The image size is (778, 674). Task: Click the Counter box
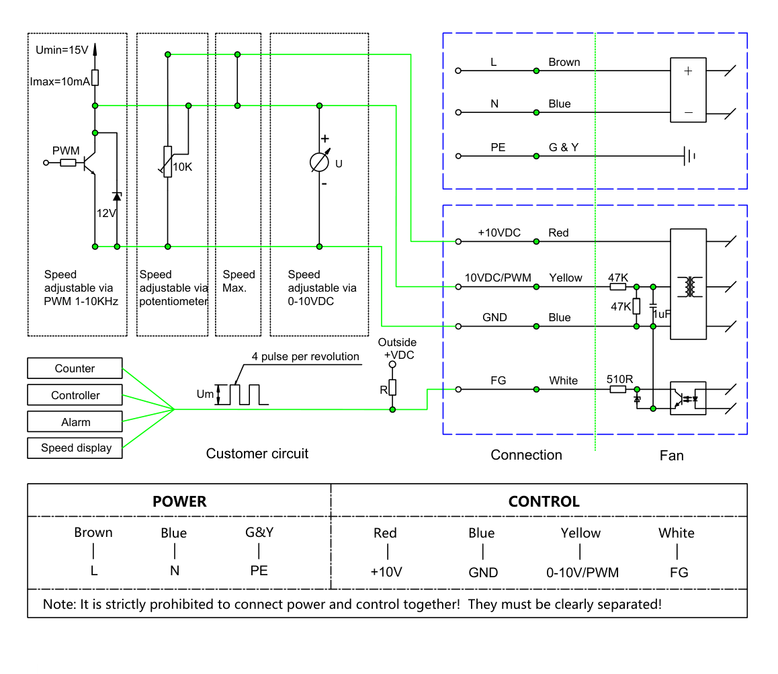pos(75,368)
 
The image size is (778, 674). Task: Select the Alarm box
pos(75,422)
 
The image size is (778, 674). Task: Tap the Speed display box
pos(75,448)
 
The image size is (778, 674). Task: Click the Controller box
pos(75,395)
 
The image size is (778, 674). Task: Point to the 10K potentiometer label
pos(183,167)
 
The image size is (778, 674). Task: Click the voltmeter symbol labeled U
pos(319,162)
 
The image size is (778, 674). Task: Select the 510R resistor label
pos(619,379)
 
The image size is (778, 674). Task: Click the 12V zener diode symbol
pos(117,196)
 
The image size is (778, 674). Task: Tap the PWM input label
pos(66,151)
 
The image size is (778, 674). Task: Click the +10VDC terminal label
pos(499,233)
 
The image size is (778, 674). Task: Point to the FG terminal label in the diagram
pos(498,380)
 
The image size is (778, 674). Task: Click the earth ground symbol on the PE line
pos(689,156)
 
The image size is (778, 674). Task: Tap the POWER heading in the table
pos(179,501)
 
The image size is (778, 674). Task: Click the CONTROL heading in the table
pos(544,501)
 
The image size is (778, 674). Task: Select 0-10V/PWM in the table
pos(582,573)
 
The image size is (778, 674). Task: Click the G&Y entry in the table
pos(259,533)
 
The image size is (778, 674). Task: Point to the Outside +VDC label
pos(398,348)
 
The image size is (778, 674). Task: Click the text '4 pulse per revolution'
pos(305,356)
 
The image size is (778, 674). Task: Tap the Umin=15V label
pos(62,50)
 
